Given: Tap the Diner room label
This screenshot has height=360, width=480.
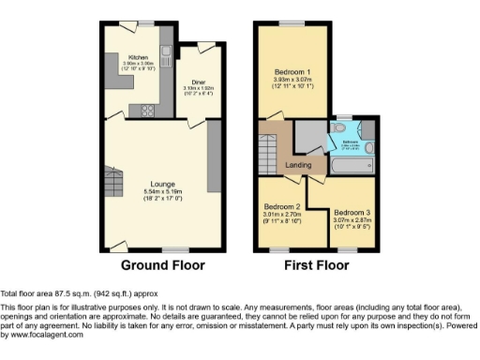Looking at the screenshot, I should point(198,82).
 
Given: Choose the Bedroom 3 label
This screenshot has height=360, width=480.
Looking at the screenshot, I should point(352,213).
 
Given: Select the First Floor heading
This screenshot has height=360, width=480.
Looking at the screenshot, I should point(317,265).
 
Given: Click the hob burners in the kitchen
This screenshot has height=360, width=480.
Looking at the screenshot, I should point(147,110).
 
